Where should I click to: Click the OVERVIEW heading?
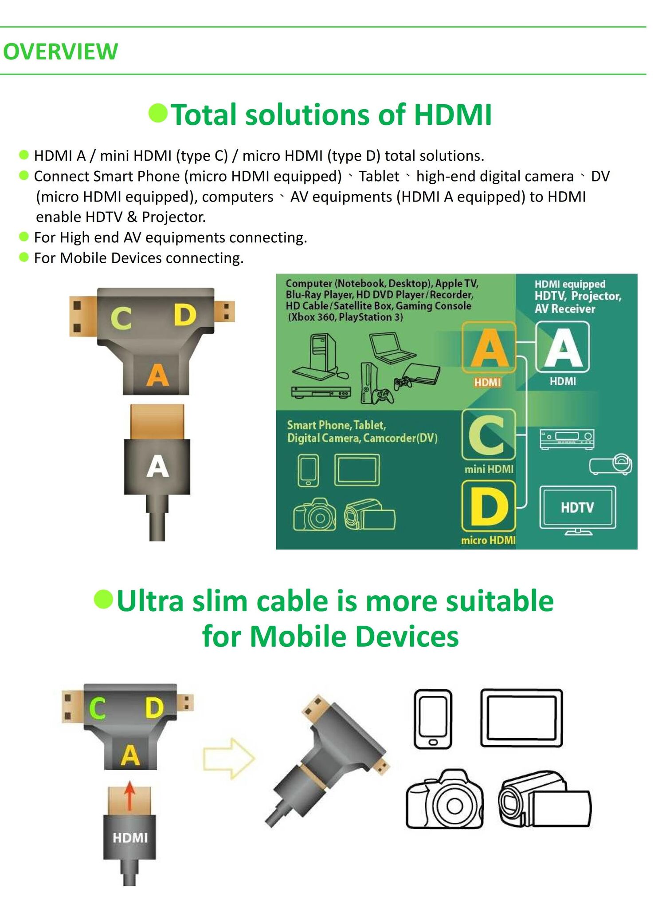point(61,51)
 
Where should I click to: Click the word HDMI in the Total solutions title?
point(453,115)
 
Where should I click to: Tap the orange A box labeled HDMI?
point(489,348)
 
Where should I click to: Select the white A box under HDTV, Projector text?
point(563,347)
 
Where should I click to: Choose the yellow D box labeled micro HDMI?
point(489,506)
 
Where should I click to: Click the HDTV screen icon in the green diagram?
point(578,510)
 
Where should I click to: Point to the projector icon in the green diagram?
point(611,465)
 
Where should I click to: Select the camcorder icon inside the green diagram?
point(370,515)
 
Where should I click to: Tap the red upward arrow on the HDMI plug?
point(129,795)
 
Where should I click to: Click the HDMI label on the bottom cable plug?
point(130,838)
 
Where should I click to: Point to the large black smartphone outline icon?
point(433,719)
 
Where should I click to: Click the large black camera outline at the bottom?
point(445,799)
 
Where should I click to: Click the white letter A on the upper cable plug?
point(158,467)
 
